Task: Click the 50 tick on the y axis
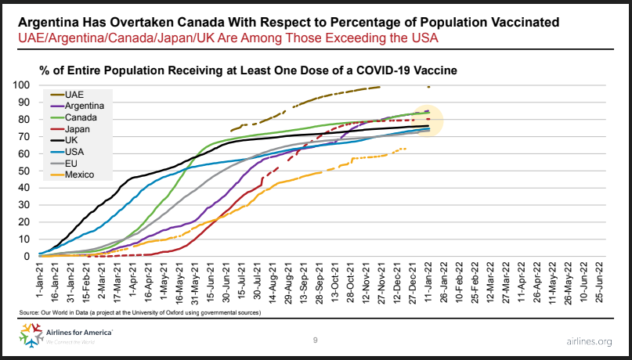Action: tap(25, 171)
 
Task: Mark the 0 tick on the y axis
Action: tap(27, 257)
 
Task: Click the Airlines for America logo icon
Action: tap(31, 335)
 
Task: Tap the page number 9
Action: tap(315, 340)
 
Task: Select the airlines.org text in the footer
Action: tap(589, 342)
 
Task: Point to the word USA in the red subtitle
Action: tap(424, 38)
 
